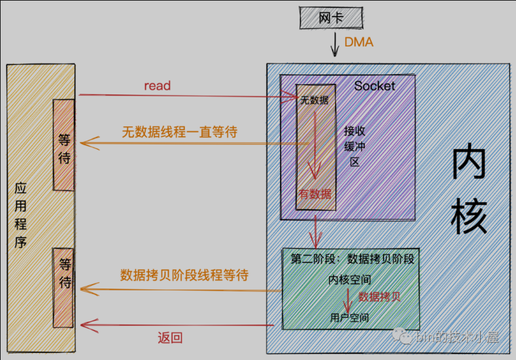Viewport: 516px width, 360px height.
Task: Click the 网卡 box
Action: point(330,18)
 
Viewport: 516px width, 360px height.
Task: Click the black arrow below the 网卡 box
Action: point(334,45)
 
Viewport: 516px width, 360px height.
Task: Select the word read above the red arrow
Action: point(157,86)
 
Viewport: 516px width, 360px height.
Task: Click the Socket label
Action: point(375,86)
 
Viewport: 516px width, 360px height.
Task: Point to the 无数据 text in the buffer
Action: point(314,100)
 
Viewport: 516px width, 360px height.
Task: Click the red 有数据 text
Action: point(315,194)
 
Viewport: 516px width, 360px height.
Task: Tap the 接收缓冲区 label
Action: point(354,146)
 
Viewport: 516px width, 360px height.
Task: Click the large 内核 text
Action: point(469,191)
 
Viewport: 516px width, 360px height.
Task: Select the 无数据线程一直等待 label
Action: point(179,132)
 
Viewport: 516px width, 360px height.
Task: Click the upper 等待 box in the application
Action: point(64,145)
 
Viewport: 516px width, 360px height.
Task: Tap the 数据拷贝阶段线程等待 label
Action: point(184,275)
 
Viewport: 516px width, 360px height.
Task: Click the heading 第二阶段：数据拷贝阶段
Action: point(353,259)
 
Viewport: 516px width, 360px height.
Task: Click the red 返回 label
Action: point(170,338)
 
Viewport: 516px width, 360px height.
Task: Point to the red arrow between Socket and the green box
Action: point(317,231)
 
